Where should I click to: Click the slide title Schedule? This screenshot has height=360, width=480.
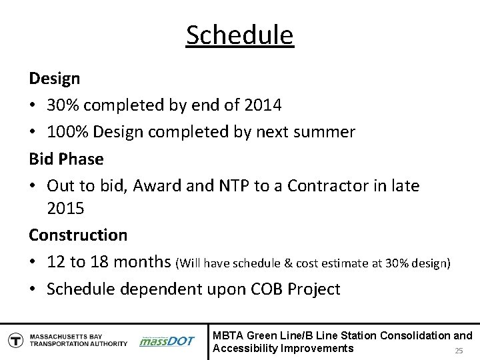240,35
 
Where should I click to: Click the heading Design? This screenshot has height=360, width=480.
54,79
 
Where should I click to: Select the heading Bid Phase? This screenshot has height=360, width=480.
66,159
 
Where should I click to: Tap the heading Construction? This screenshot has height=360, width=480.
77,235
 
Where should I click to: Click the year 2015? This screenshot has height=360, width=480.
65,209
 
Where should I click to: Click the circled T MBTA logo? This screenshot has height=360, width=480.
14,340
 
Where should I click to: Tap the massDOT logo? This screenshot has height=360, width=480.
167,341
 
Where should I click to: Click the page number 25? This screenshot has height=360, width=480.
458,351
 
